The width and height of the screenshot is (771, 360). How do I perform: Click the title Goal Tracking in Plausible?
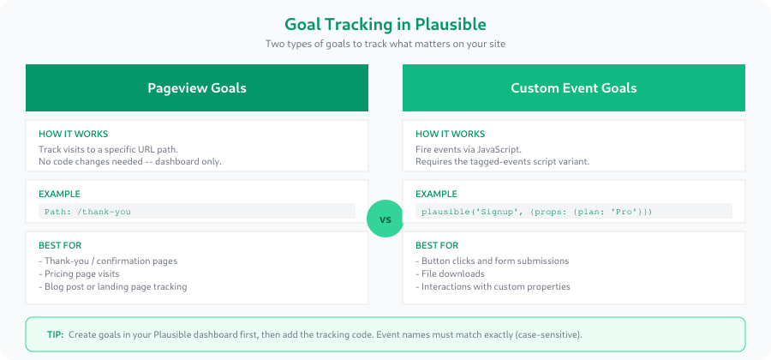click(x=385, y=25)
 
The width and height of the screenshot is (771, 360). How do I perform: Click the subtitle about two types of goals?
click(x=385, y=44)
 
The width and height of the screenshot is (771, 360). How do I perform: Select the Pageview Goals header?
click(x=197, y=87)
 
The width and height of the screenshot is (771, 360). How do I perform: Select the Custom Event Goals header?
click(x=573, y=87)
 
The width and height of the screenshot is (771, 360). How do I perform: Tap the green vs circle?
click(x=385, y=219)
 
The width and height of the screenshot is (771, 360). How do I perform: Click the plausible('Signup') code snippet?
click(x=536, y=211)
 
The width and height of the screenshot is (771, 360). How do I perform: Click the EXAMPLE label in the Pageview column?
click(x=59, y=194)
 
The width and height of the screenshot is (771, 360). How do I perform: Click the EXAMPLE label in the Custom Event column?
click(x=436, y=194)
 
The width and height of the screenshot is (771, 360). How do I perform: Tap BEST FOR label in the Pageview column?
click(x=59, y=245)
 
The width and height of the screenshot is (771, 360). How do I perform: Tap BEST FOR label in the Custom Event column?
click(x=436, y=245)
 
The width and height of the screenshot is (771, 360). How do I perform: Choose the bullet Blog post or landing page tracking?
click(x=112, y=286)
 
